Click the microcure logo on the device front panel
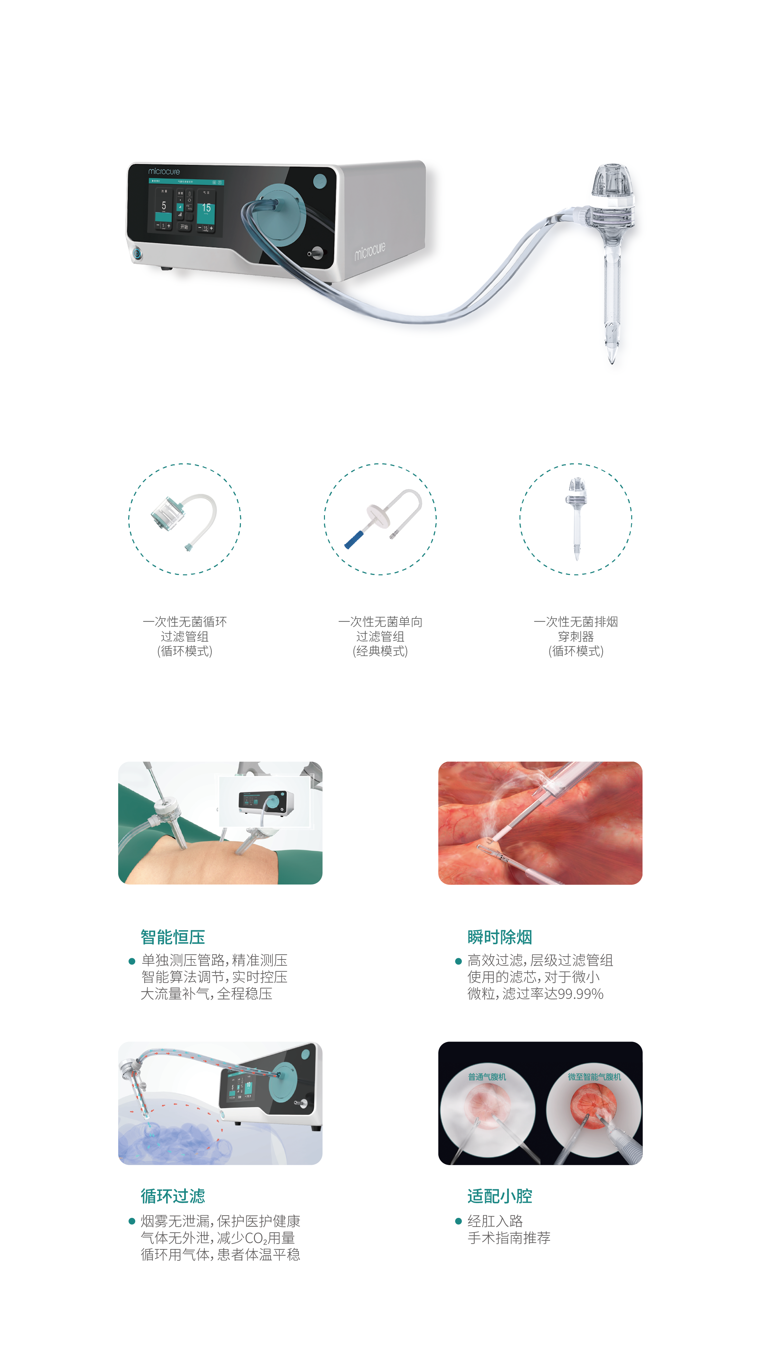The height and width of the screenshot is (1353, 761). (164, 171)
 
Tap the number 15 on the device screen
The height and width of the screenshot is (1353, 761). (206, 208)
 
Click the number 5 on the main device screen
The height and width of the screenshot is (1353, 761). (164, 205)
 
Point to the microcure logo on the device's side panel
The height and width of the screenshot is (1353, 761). (370, 251)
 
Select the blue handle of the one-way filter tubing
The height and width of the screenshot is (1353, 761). (354, 539)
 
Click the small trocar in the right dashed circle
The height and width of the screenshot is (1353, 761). (576, 517)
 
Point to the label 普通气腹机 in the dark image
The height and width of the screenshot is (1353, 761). (487, 1077)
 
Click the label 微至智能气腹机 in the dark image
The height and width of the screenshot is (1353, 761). (595, 1077)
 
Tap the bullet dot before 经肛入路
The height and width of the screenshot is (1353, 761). (458, 1221)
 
